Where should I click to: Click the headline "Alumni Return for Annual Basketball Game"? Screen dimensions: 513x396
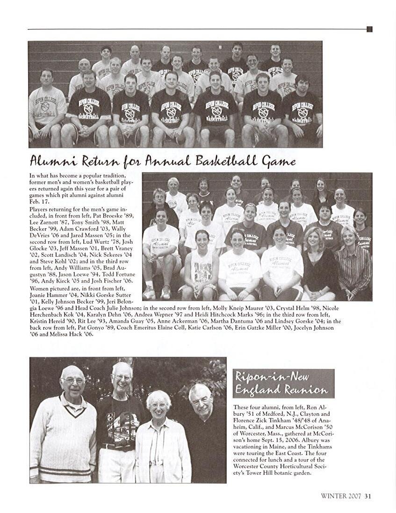tap(163, 162)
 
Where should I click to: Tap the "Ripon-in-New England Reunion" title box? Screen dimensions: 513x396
tap(283, 383)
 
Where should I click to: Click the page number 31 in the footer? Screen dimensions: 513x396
tap(368, 496)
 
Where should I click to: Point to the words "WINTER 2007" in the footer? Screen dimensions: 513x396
tap(341, 496)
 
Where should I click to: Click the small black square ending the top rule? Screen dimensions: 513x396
tap(369, 29)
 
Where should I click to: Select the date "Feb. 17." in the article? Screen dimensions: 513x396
tap(39, 201)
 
